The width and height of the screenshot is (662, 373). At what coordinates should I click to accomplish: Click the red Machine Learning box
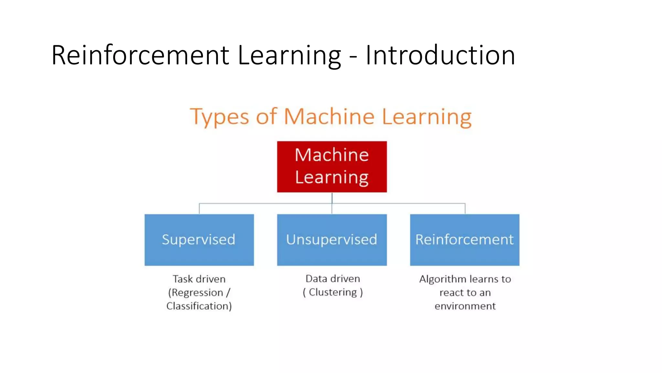[332, 166]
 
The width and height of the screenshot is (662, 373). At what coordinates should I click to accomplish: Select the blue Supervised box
[199, 240]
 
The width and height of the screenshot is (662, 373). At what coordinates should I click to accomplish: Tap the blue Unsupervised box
[332, 240]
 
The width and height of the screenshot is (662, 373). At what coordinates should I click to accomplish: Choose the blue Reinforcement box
[464, 240]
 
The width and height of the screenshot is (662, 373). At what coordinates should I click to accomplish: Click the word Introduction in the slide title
[440, 55]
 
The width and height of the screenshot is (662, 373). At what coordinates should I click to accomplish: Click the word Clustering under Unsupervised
[333, 292]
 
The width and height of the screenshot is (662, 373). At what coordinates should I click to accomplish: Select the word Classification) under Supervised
[199, 306]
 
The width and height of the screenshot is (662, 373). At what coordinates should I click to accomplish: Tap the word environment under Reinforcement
[465, 306]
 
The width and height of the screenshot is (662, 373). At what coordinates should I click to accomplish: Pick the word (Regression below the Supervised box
[196, 293]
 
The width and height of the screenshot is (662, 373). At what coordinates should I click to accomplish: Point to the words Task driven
[199, 279]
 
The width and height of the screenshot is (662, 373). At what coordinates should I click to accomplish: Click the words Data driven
[333, 279]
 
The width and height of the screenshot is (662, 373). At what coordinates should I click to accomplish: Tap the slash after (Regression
[228, 293]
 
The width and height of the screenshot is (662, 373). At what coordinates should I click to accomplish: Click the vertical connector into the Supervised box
[199, 209]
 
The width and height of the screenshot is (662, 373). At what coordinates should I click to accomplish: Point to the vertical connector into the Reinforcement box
[465, 209]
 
